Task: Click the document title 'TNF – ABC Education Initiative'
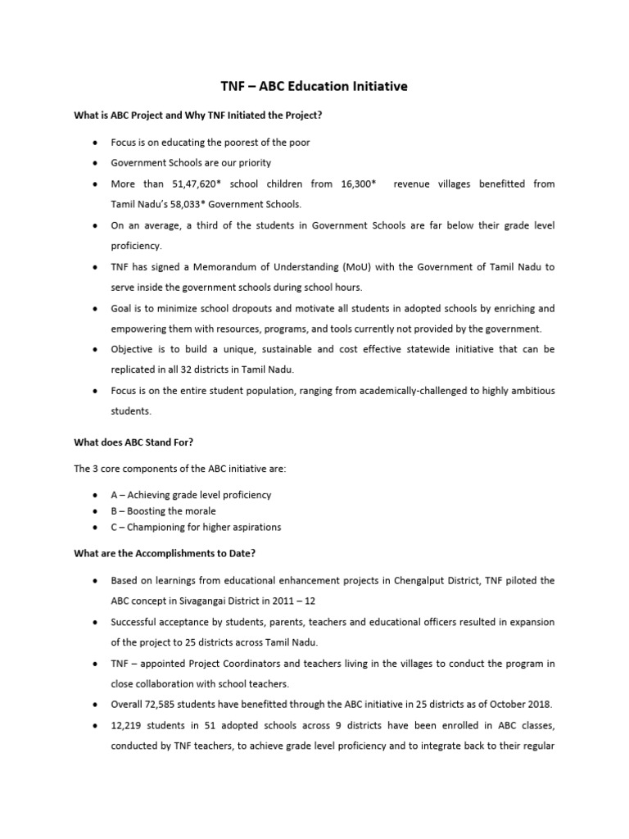(x=314, y=86)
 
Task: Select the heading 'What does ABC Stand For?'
(x=133, y=443)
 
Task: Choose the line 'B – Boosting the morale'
(x=164, y=510)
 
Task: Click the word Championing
(x=157, y=527)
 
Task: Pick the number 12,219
(x=129, y=725)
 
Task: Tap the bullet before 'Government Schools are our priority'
(x=97, y=163)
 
